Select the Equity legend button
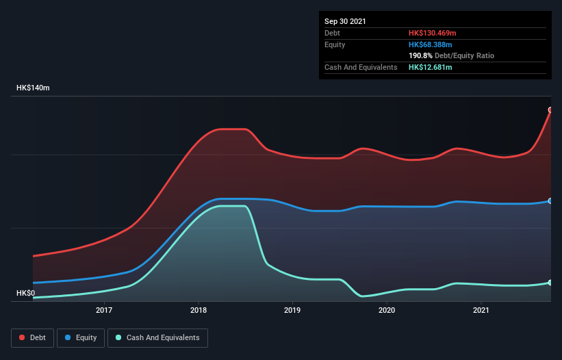point(81,337)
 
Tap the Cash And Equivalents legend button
point(157,337)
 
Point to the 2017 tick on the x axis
point(104,310)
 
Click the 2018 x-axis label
point(199,310)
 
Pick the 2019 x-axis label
point(292,310)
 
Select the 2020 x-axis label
point(387,310)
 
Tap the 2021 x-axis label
point(481,310)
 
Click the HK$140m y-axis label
point(34,88)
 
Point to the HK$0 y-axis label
point(26,293)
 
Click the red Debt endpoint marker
point(550,110)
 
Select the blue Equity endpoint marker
point(550,201)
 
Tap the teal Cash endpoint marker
point(550,282)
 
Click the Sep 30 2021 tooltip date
point(345,21)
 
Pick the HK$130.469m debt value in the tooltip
point(433,33)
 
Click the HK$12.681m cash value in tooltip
point(431,67)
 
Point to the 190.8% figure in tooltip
point(421,55)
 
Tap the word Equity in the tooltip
point(335,44)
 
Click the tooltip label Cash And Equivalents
point(361,67)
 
